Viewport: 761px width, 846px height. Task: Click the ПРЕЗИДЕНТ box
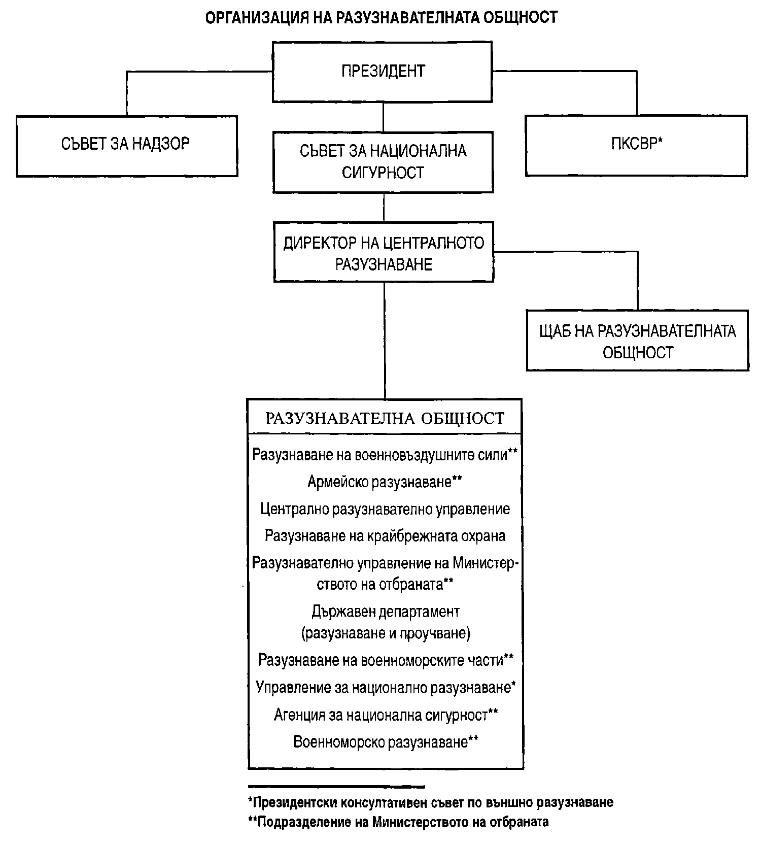(383, 71)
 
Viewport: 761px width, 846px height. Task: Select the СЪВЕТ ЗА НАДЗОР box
(126, 145)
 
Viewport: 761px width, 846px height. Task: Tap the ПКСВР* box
(636, 145)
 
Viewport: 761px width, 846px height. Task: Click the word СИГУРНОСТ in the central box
(383, 173)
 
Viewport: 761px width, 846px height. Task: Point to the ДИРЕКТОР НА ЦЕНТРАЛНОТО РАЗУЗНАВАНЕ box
(384, 252)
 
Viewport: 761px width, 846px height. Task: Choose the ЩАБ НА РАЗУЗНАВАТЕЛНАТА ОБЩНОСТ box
(637, 341)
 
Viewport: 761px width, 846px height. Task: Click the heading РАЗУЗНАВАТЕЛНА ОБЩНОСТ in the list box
(385, 418)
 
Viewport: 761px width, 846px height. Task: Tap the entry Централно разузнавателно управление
(385, 509)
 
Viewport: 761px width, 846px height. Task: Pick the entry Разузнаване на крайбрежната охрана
(385, 536)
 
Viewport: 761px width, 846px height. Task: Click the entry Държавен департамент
(386, 612)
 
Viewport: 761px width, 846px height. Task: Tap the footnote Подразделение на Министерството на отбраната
(398, 822)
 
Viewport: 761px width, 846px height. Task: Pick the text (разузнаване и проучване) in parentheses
(386, 633)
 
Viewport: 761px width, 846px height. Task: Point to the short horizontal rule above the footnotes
(336, 787)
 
